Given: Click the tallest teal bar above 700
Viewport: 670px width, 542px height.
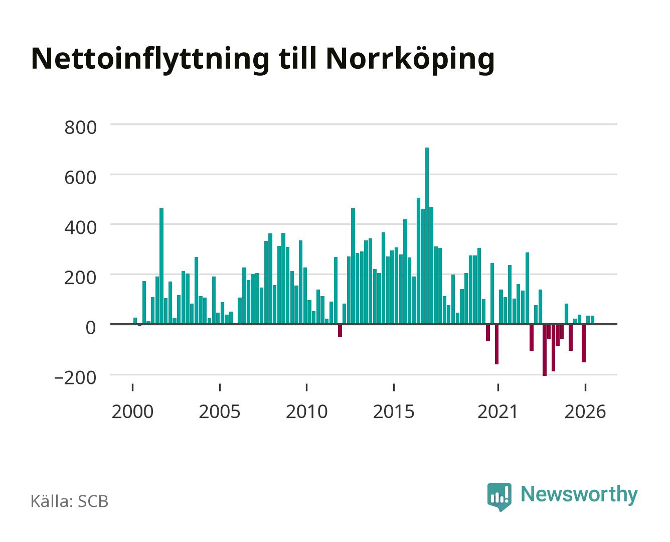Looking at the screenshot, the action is click(x=427, y=235).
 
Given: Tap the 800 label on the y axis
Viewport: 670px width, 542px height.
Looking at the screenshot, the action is click(x=81, y=127).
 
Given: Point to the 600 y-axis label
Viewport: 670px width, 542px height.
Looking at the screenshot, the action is click(x=81, y=178).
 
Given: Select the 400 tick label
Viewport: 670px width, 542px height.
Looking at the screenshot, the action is click(x=81, y=227).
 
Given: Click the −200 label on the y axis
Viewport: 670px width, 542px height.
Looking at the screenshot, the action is click(x=75, y=378).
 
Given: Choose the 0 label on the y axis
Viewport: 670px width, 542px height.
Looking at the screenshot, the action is click(x=91, y=328).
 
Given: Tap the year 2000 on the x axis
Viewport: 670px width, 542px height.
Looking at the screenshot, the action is click(x=132, y=412).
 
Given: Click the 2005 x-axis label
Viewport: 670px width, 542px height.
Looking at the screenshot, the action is click(x=220, y=412).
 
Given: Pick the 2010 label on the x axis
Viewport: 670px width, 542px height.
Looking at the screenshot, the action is click(x=307, y=412).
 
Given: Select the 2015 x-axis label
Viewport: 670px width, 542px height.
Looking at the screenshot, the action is click(x=394, y=412).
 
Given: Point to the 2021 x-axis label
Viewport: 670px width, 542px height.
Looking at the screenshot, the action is click(x=498, y=412).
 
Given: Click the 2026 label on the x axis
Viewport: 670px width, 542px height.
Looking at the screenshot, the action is click(x=585, y=412).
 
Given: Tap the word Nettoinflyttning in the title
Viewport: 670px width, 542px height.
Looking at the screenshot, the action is click(x=150, y=60).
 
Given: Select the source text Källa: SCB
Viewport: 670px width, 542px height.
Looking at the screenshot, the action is click(x=70, y=501).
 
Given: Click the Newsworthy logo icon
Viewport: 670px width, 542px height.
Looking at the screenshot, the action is click(x=499, y=496).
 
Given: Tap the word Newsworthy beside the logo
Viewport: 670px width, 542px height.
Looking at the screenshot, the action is click(x=579, y=495).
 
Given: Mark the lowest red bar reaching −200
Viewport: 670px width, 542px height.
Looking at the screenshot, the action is click(x=545, y=350).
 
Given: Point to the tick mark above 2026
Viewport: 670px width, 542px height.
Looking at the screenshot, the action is click(x=585, y=387).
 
